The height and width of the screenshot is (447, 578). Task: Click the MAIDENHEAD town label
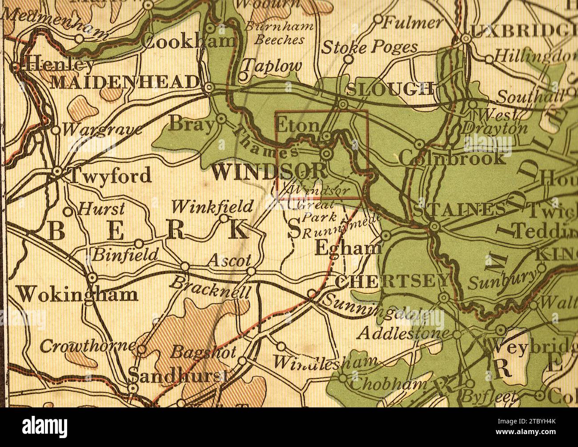coord(125,82)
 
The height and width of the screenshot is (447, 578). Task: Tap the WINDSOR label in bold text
coord(269,172)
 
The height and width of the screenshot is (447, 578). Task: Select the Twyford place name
coord(110,176)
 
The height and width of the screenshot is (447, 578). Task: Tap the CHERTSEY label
coord(392,281)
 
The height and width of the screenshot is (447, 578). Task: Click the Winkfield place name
coord(212,206)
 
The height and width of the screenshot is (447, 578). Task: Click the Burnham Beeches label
coord(279,33)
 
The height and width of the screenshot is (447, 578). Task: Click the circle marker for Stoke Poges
coord(349,59)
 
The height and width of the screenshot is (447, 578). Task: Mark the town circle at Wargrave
coord(56,130)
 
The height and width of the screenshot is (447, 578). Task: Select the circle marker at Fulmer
coord(377,19)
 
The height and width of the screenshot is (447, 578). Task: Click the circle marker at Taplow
coord(243,77)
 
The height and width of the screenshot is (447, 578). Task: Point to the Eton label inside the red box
coord(297,126)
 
